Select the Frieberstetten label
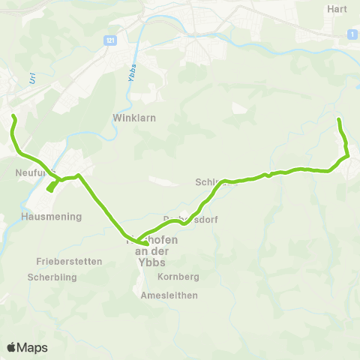tap(69, 262)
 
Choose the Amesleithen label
tap(169, 295)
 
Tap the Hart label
tap(337, 9)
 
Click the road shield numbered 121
tap(111, 39)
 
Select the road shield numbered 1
tap(349, 34)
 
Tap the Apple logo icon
tap(11, 347)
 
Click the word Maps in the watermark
tap(32, 347)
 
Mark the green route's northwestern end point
tap(13, 115)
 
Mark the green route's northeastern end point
tap(339, 120)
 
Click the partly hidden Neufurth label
tap(30, 172)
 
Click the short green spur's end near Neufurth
tap(49, 190)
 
